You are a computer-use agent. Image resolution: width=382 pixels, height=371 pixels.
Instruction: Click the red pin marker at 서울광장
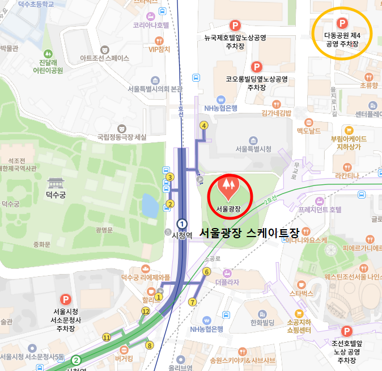(229, 189)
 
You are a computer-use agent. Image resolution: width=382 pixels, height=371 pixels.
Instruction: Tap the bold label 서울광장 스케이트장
(249, 233)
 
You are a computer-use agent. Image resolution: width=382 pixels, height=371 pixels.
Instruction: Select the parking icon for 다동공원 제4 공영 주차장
(342, 23)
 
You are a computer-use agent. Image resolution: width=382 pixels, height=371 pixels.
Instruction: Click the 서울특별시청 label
(253, 149)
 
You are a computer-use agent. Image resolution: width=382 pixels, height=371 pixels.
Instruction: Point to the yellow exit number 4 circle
(203, 125)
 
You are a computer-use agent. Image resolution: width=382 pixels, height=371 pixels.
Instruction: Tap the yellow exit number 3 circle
(169, 178)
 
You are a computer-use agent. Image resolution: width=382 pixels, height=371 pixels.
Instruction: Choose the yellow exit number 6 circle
(206, 272)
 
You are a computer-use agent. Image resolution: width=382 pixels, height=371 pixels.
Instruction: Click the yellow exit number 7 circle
(193, 302)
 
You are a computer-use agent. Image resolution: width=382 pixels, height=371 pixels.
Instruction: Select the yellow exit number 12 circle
(146, 311)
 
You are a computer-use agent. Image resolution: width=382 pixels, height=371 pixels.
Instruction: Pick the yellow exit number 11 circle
(107, 338)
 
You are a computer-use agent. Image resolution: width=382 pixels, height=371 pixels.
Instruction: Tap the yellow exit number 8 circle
(150, 345)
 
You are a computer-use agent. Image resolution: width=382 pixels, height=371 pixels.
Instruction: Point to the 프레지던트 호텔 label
(320, 209)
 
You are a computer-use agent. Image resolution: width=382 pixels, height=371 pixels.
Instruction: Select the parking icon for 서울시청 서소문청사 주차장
(66, 299)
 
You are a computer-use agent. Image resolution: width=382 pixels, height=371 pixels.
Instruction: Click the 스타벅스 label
(301, 293)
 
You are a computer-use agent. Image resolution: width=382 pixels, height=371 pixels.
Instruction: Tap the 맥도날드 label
(309, 131)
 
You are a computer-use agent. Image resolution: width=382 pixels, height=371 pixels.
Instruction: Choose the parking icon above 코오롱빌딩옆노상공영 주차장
(257, 67)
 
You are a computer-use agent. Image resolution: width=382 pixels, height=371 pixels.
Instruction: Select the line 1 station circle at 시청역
(182, 223)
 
